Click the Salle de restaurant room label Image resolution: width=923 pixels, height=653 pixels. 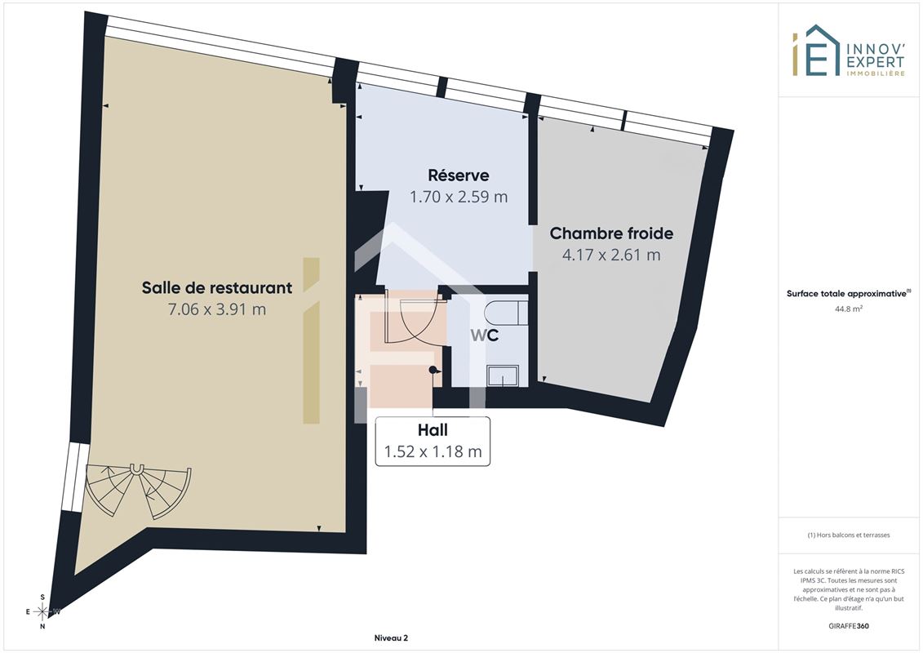click(216, 287)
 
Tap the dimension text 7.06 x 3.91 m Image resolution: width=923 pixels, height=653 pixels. click(216, 309)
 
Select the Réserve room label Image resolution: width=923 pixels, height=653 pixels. click(459, 175)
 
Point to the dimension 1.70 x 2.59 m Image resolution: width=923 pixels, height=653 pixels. click(459, 197)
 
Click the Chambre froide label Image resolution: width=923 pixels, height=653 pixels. click(611, 233)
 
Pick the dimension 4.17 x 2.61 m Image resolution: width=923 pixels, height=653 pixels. click(611, 255)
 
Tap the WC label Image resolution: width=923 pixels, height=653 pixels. click(485, 335)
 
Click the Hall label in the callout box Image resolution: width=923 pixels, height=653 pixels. click(433, 430)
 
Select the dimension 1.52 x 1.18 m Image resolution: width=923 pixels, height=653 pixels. click(433, 451)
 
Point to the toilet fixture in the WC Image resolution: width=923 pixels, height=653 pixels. click(506, 312)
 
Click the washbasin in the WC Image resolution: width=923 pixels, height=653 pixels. click(503, 375)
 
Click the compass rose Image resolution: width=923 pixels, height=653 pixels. click(42, 612)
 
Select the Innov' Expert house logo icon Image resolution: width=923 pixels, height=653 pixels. click(816, 51)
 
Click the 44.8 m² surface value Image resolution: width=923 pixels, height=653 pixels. click(848, 308)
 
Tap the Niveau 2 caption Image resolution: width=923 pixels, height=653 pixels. click(391, 637)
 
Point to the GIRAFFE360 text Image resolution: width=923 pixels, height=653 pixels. click(848, 626)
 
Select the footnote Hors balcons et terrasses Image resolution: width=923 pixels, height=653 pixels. click(848, 535)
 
